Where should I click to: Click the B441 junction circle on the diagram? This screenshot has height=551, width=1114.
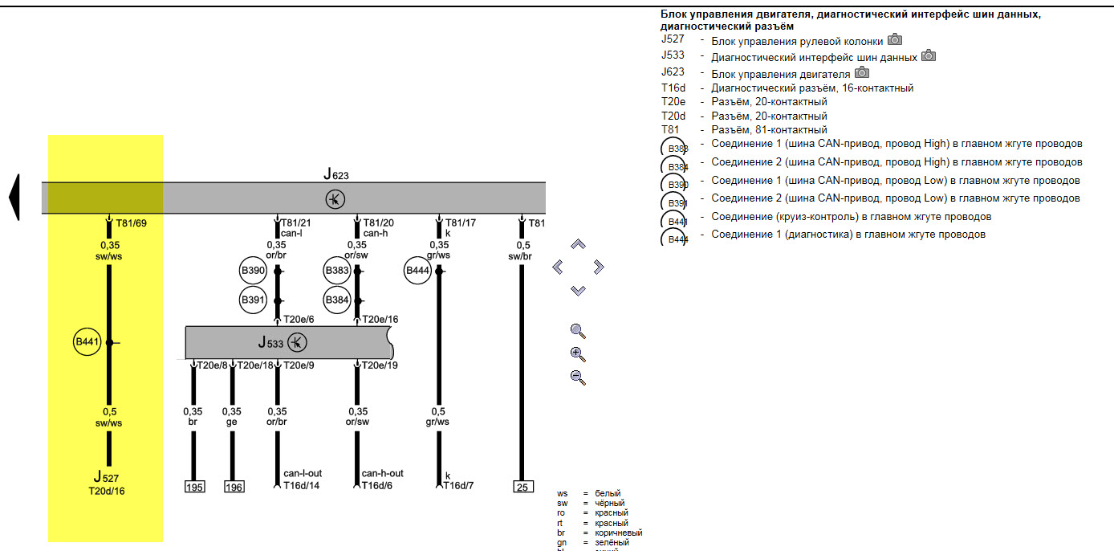(87, 343)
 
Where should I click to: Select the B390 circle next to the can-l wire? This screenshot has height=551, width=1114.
(254, 271)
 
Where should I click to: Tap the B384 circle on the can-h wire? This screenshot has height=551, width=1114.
(337, 300)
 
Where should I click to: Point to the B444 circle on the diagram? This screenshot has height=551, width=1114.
(418, 271)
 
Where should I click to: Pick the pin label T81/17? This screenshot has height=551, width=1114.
(461, 222)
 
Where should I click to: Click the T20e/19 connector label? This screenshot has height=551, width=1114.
(380, 365)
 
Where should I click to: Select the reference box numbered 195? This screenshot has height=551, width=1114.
(194, 487)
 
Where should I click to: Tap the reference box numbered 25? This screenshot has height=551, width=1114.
(522, 487)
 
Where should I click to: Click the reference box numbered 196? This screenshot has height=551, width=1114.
(234, 487)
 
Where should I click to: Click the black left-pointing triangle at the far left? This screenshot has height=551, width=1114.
(14, 197)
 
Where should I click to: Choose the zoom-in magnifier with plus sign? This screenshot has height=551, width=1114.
(578, 354)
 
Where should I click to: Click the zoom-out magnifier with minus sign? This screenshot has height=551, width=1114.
(578, 377)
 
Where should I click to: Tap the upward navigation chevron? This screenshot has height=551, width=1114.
(578, 244)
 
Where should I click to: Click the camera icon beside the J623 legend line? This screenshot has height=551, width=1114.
(862, 73)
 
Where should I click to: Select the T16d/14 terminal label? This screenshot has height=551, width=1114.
(303, 485)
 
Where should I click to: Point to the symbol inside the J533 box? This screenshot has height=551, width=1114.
(297, 343)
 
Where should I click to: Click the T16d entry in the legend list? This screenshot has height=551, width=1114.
(673, 88)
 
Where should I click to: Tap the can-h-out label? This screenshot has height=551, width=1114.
(383, 474)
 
